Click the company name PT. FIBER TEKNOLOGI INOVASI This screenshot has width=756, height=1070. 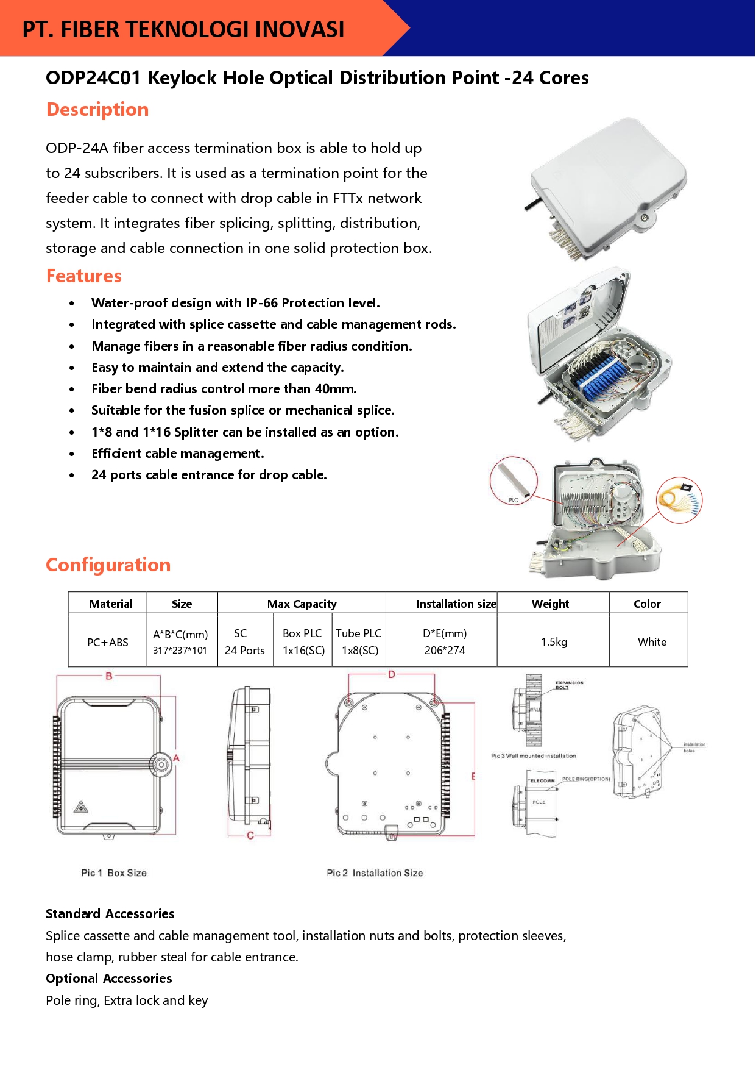pos(183,29)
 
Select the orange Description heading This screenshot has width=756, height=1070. pos(97,110)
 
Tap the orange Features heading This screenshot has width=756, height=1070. pos(84,276)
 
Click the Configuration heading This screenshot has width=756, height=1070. pos(108,565)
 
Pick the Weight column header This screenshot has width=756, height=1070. pos(550,604)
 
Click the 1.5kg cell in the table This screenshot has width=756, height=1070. pos(554,641)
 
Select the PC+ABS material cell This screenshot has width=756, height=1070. pos(108,642)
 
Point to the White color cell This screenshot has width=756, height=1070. pos(652,641)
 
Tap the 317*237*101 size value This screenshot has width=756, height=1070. pos(180,651)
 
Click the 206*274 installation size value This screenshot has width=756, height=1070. pos(445,651)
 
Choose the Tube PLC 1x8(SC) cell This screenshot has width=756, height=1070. pos(359,641)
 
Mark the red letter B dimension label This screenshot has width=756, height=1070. pos(109,676)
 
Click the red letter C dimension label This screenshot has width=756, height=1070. pos(250,835)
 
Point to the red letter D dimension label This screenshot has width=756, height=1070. pos(392,674)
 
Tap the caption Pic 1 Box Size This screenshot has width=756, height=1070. pos(114,873)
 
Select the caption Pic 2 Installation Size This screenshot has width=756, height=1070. pos(375,873)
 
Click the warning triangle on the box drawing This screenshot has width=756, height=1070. pos(81,808)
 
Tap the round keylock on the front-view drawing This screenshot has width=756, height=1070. pos(161,764)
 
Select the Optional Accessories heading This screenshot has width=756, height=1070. pos(109,979)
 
